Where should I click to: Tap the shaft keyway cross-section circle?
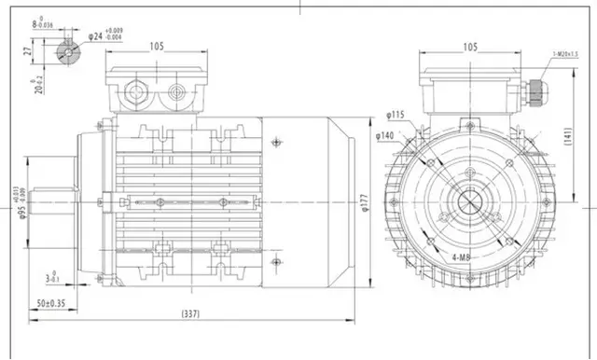click(67, 54)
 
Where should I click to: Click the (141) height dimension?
click(584, 137)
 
